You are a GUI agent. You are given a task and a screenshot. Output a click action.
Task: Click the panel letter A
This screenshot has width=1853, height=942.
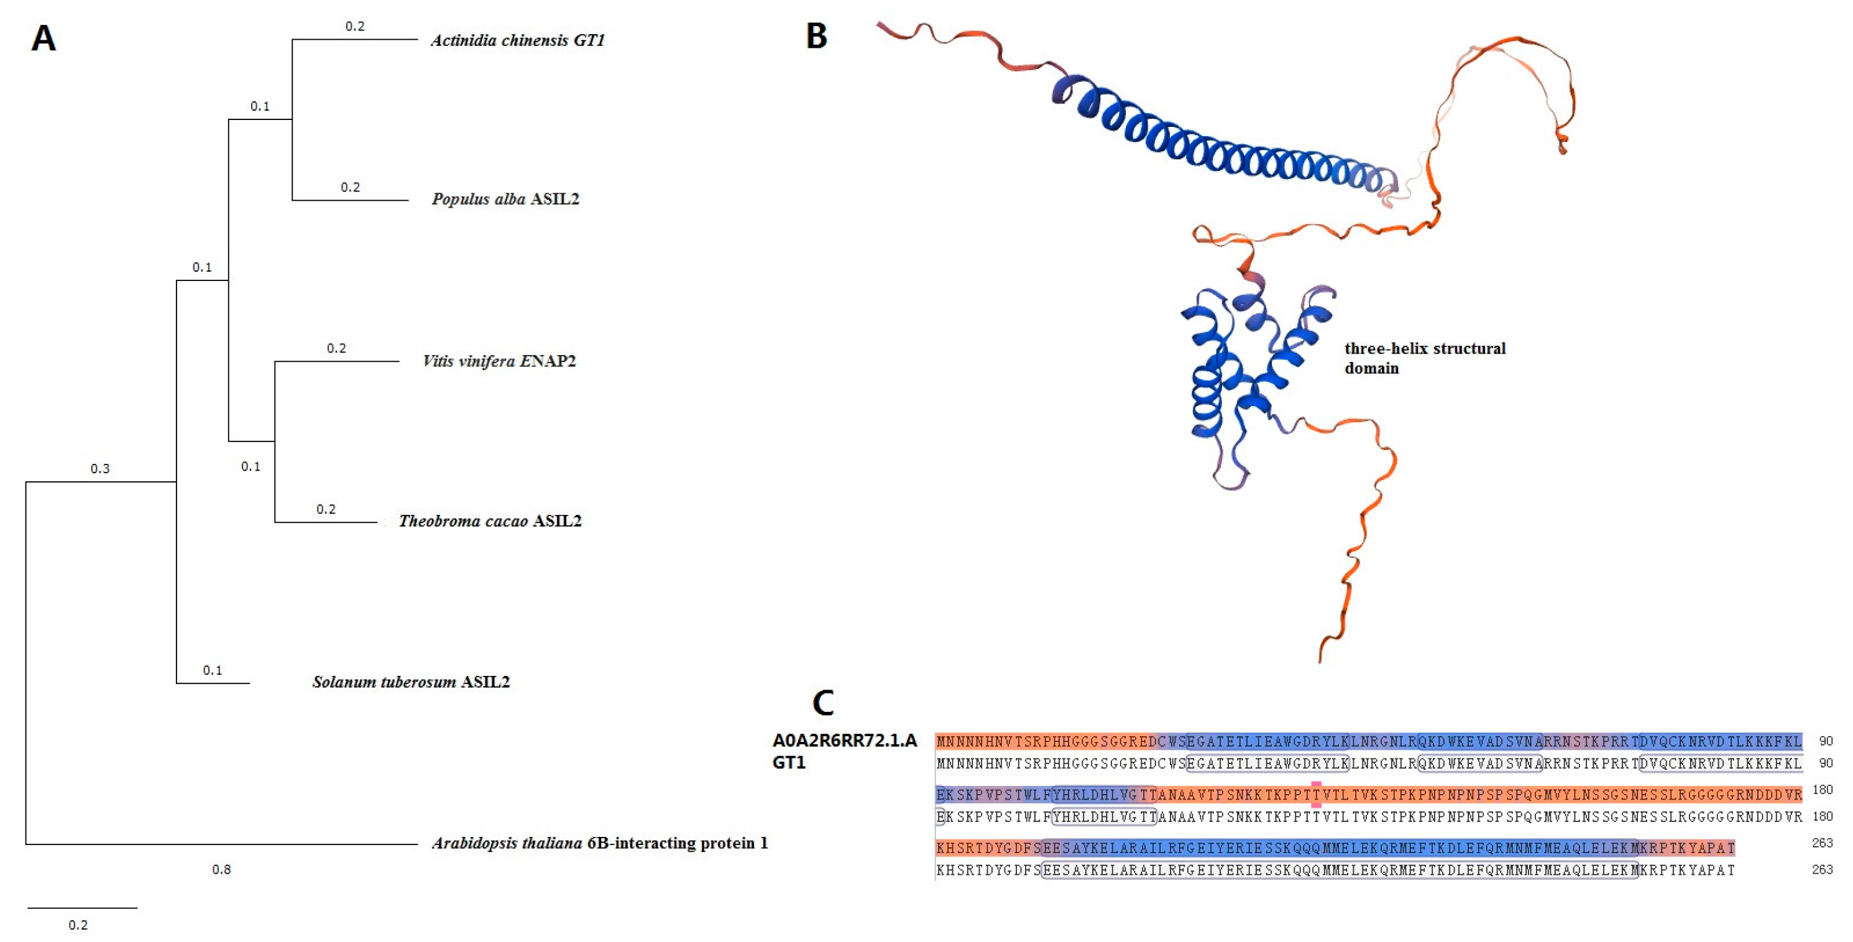pyautogui.click(x=43, y=39)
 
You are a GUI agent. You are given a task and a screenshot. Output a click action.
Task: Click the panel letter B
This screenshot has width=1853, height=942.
pyautogui.click(x=816, y=37)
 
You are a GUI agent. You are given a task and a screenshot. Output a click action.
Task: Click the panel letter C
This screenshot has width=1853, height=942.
pyautogui.click(x=823, y=703)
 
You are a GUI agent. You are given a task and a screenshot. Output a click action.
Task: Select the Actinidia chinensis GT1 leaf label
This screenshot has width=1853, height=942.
pyautogui.click(x=518, y=40)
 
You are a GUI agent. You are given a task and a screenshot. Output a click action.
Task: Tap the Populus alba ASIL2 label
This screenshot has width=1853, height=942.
pyautogui.click(x=505, y=200)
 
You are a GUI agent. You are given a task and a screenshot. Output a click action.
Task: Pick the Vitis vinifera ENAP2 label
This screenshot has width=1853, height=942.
pyautogui.click(x=499, y=361)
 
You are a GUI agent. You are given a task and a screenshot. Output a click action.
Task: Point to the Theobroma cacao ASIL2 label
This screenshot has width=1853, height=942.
pyautogui.click(x=490, y=521)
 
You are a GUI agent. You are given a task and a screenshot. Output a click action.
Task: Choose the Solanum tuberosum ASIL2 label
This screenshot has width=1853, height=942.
pyautogui.click(x=411, y=682)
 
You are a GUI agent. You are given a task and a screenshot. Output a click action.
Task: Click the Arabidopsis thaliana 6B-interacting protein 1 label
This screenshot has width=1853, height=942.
pyautogui.click(x=600, y=843)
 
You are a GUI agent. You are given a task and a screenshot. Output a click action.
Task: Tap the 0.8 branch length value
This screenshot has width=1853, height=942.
pyautogui.click(x=221, y=870)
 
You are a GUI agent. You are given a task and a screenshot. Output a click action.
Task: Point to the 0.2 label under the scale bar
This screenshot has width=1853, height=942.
pyautogui.click(x=78, y=925)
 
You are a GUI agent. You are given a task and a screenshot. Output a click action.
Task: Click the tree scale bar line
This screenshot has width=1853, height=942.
pyautogui.click(x=82, y=908)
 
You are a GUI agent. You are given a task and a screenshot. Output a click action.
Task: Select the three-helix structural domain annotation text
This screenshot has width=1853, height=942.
pyautogui.click(x=1424, y=358)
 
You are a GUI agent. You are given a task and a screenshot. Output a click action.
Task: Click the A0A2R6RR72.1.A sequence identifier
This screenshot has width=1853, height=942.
pyautogui.click(x=845, y=741)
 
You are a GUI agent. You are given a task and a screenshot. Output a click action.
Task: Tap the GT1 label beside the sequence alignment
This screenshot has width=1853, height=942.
pyautogui.click(x=788, y=763)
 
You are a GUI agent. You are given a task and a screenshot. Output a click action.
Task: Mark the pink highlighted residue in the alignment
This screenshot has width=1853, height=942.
pyautogui.click(x=1316, y=794)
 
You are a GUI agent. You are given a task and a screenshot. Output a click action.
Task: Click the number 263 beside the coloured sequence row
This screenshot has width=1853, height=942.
pyautogui.click(x=1822, y=843)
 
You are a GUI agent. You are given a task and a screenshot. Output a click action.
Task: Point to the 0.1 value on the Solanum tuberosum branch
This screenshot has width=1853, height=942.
pyautogui.click(x=212, y=671)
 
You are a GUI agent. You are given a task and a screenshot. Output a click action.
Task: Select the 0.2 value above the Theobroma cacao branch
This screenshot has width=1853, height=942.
pyautogui.click(x=326, y=509)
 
